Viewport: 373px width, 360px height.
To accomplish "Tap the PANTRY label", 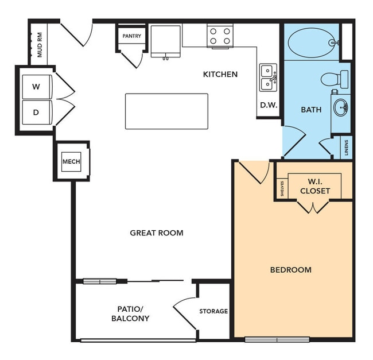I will click(x=131, y=36).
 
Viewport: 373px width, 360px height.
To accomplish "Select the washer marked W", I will click(x=37, y=87).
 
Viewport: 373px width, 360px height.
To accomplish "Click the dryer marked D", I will click(x=37, y=113).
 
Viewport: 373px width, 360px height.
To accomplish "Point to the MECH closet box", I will click(x=71, y=161).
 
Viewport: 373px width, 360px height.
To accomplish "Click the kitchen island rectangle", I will click(x=166, y=111).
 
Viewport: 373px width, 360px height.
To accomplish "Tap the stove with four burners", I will click(x=220, y=36).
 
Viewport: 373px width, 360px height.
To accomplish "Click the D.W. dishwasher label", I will click(x=268, y=106).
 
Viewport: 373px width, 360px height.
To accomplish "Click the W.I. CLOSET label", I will click(x=315, y=185).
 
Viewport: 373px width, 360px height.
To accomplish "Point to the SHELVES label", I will click(x=282, y=188).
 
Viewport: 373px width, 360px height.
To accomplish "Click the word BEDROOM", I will click(x=291, y=270).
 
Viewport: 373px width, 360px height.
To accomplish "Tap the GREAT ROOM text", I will click(x=157, y=233).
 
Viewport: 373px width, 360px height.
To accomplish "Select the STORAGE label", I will click(x=213, y=311).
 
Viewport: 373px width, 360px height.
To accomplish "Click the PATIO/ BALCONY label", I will click(x=130, y=313).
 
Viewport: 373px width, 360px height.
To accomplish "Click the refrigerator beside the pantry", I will click(x=166, y=41).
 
